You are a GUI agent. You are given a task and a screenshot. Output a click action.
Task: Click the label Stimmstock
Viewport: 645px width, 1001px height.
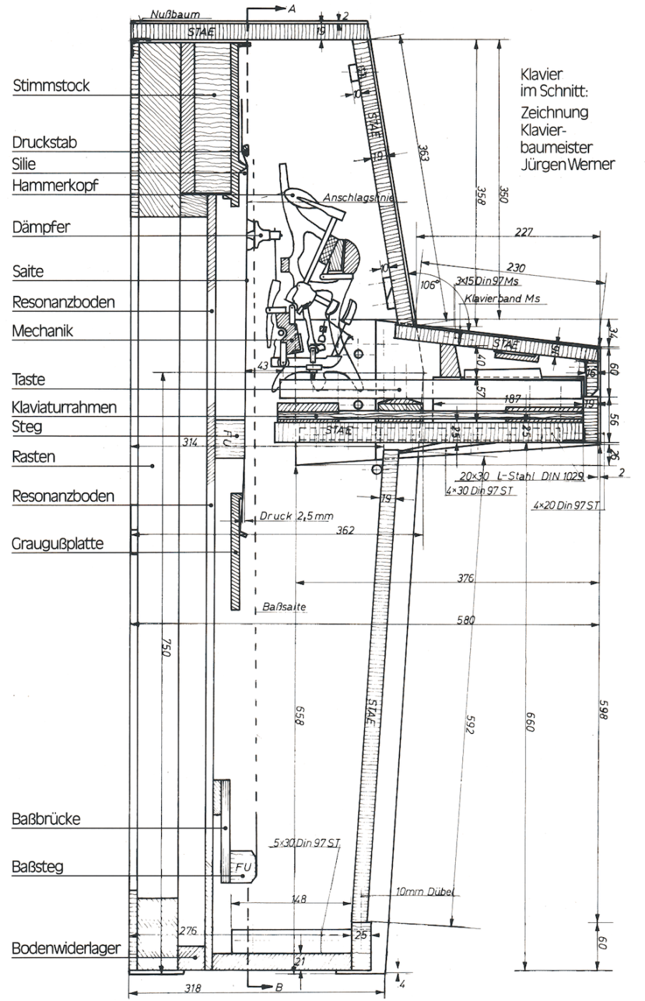(52, 86)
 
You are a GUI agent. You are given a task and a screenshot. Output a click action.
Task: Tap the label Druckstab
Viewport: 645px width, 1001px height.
(44, 142)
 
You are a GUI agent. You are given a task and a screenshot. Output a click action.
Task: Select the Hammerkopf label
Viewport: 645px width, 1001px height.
(55, 186)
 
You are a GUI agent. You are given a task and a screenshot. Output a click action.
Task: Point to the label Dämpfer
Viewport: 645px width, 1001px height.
(41, 228)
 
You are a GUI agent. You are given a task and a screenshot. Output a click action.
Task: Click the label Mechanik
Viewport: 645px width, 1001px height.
(42, 331)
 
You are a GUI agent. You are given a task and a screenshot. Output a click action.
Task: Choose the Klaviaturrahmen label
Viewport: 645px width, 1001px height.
(64, 407)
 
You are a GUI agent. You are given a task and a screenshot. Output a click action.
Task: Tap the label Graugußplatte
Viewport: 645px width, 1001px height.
(57, 543)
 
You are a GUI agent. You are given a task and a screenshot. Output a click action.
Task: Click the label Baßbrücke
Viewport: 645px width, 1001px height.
(46, 819)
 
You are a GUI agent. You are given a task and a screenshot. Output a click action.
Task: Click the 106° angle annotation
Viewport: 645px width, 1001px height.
(429, 284)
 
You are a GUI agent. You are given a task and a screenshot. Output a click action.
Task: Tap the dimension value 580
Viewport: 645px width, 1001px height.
(466, 620)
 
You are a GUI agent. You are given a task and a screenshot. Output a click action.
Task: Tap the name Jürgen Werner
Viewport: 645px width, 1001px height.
(569, 164)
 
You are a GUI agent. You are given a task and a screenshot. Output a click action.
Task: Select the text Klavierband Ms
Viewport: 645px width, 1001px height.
(502, 297)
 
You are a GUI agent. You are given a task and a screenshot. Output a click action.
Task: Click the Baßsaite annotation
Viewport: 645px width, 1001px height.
(285, 607)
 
